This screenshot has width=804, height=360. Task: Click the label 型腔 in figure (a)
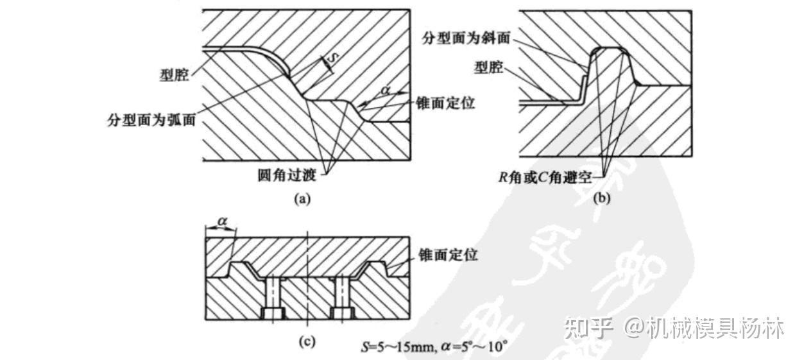(x=173, y=76)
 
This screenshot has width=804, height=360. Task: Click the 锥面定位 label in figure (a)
(x=445, y=103)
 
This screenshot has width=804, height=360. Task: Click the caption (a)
(x=302, y=199)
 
